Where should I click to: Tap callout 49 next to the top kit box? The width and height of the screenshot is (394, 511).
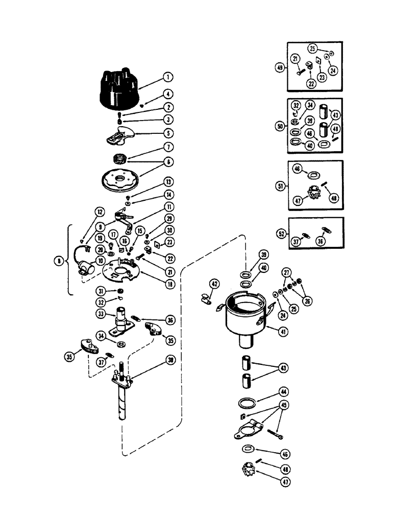(279, 67)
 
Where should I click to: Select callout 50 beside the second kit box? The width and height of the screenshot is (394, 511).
(279, 125)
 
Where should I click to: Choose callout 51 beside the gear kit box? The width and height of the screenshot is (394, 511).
(279, 187)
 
